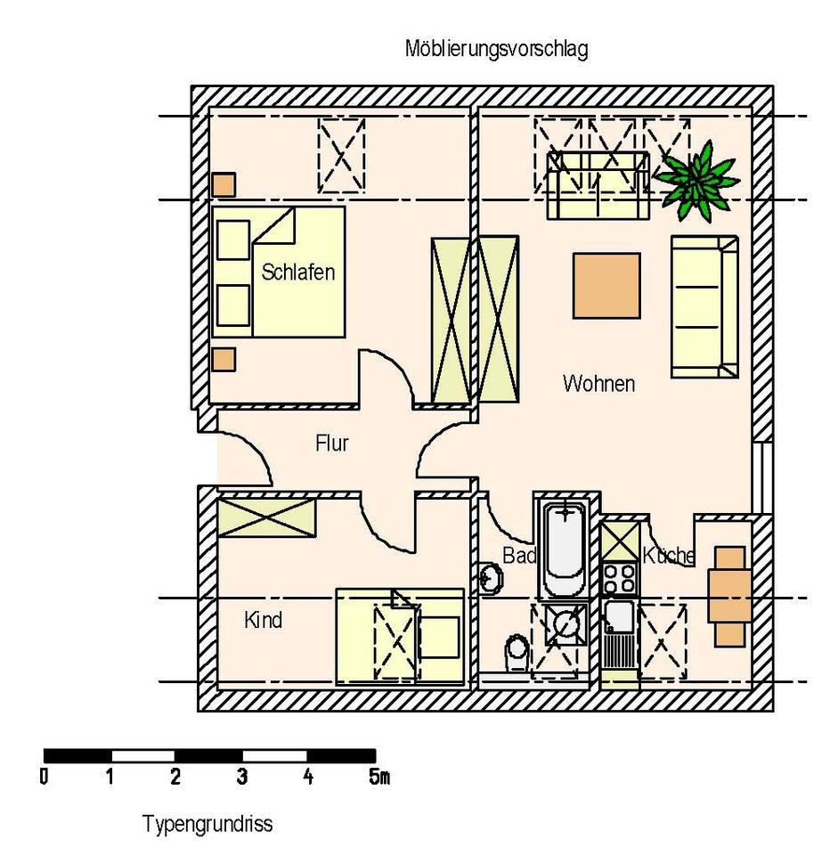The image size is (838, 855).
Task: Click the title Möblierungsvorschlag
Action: tap(496, 50)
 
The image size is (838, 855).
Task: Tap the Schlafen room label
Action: tap(298, 272)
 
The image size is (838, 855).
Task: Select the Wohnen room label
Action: tap(598, 384)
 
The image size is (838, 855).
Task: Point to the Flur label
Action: tap(331, 443)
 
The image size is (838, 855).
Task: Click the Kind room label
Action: tap(263, 620)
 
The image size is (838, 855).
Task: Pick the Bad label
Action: tap(519, 556)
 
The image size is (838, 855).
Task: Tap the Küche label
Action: tap(669, 556)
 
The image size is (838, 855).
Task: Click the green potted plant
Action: tap(697, 179)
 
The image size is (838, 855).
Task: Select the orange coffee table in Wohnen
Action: tap(606, 285)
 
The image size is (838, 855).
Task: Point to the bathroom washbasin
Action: tap(490, 578)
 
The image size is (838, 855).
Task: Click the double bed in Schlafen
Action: tap(279, 271)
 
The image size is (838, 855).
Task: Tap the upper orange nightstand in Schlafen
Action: tap(224, 184)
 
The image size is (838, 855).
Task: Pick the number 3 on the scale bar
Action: tap(241, 778)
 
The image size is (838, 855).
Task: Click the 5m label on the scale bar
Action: tap(378, 778)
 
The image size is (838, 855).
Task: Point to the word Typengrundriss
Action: tap(207, 825)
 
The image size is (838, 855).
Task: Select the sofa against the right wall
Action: tap(704, 306)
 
